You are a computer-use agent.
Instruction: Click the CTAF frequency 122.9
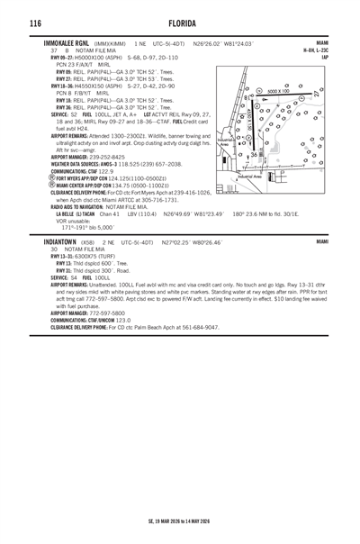[102, 170]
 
